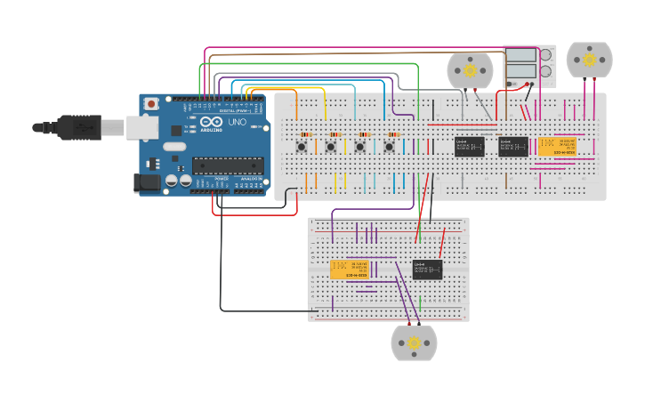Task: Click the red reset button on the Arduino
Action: pos(151,104)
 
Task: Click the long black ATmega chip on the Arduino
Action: pos(229,165)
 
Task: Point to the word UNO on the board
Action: pos(238,122)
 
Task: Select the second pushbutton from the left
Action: pos(331,146)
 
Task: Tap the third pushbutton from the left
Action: pos(360,146)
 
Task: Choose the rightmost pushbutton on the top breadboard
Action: pos(389,146)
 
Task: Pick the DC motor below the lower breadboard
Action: pos(414,343)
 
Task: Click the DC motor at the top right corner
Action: pos(589,60)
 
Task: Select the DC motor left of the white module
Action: pos(469,70)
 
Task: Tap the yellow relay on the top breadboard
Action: pos(557,147)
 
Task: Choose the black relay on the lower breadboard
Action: pos(427,269)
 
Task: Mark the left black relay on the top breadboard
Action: pos(469,147)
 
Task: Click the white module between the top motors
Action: pos(529,65)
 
